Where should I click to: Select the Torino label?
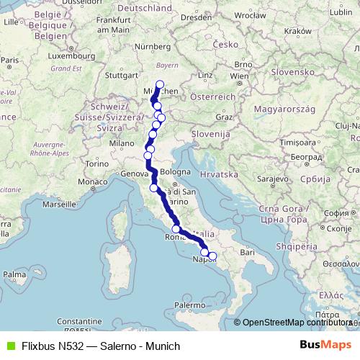(90, 164)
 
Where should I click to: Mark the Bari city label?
(248, 253)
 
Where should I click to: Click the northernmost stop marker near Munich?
(160, 84)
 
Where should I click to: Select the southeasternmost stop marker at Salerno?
(212, 256)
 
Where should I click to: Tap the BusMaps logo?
(327, 345)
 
